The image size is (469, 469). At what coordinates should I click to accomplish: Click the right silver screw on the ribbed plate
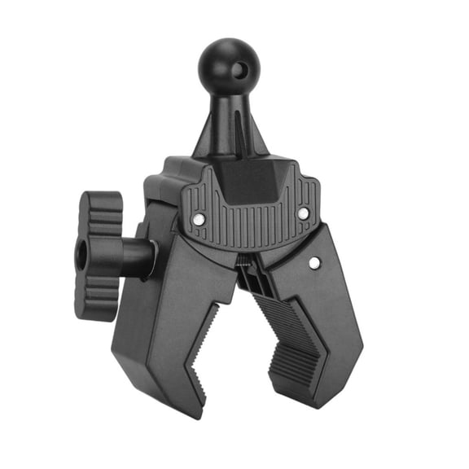[x=303, y=213]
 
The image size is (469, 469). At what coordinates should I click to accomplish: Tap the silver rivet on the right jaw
[x=315, y=262]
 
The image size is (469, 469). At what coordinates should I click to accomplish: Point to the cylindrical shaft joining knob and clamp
[x=138, y=257]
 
